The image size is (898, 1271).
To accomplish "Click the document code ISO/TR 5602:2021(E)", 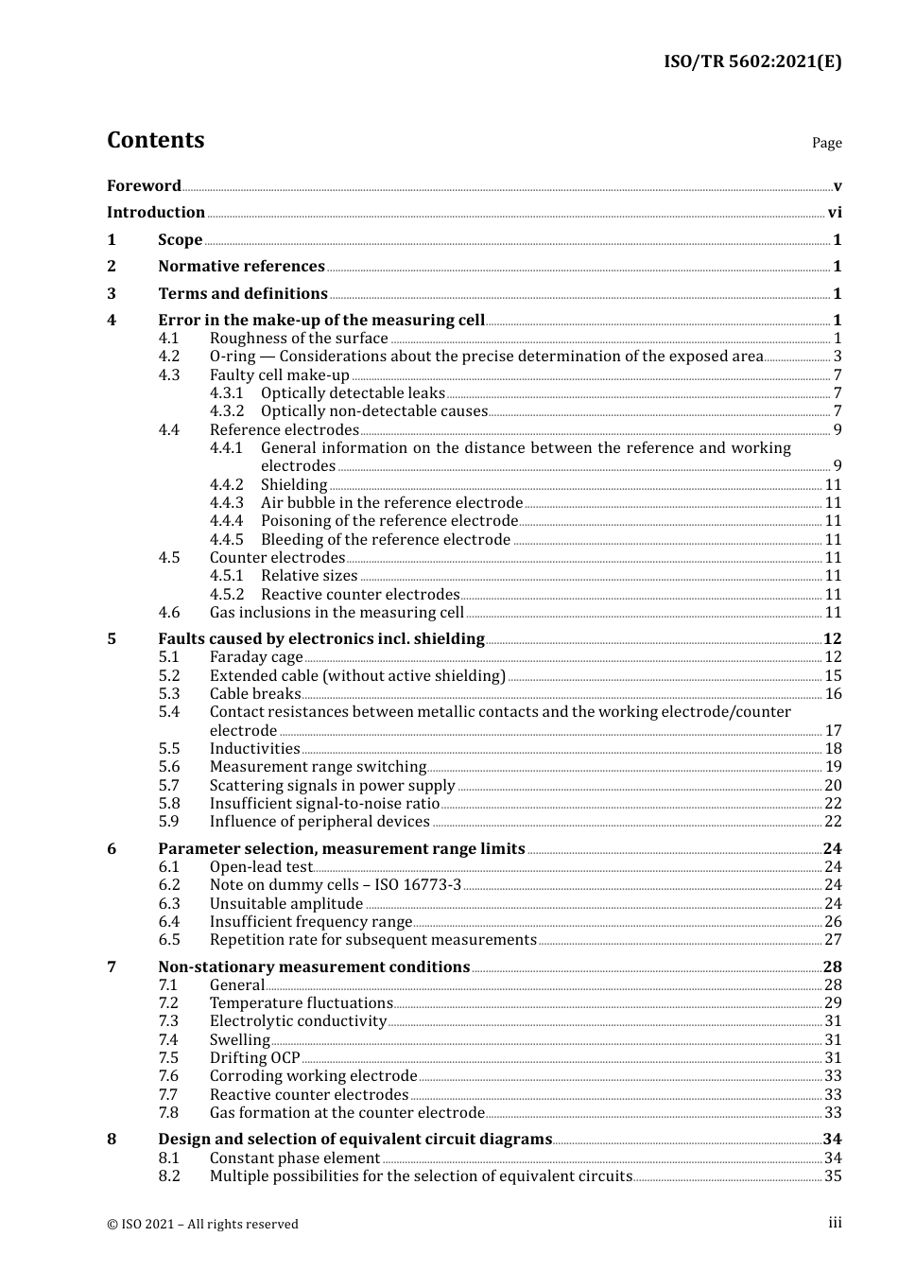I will click(x=751, y=61).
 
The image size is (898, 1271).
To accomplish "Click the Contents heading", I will click(x=155, y=140).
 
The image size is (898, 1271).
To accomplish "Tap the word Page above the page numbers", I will click(x=826, y=143).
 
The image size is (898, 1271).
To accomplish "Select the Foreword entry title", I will click(x=144, y=185).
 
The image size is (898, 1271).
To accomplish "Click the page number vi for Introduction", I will click(x=835, y=213).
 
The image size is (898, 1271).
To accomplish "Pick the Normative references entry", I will click(x=241, y=267).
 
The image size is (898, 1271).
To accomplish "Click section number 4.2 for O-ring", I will click(x=169, y=357).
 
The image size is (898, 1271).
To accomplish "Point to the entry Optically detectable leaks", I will click(x=353, y=393).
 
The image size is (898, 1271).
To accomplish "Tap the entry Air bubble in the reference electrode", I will click(x=391, y=503).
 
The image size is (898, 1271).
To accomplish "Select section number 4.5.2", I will click(x=227, y=595).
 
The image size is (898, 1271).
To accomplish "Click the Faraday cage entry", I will click(x=256, y=657).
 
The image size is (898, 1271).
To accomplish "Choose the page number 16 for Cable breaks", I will click(x=833, y=694).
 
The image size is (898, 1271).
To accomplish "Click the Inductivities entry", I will click(x=254, y=749).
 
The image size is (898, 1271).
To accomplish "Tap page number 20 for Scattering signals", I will click(x=833, y=786).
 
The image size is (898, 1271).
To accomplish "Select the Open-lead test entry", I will click(x=261, y=867).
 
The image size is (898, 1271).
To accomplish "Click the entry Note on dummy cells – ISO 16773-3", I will click(x=336, y=885).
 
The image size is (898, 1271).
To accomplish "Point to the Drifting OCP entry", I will click(x=254, y=1058).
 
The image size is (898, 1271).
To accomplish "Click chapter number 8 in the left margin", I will click(x=112, y=1140).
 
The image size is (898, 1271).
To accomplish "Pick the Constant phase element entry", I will click(x=295, y=1158).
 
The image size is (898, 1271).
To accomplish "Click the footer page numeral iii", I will click(x=835, y=1223).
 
